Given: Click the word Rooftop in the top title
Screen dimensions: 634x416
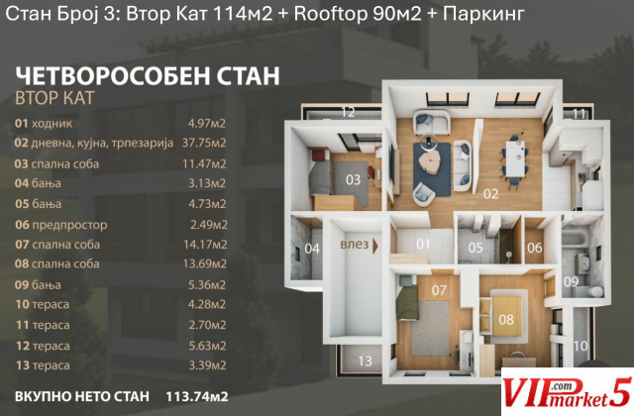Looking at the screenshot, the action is click(330, 15).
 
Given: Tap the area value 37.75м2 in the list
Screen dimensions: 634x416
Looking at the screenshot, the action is click(204, 143).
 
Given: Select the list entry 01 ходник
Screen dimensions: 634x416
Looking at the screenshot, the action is click(44, 123).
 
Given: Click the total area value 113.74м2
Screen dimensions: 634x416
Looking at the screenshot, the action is click(197, 396).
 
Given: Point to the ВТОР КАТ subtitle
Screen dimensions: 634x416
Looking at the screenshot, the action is click(55, 98).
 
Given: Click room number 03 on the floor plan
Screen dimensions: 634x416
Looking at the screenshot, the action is click(353, 179).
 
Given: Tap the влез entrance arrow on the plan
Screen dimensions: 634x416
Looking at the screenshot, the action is click(375, 246).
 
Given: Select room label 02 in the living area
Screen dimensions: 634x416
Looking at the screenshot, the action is click(491, 194).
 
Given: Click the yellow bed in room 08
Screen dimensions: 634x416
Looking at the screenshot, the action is click(505, 316).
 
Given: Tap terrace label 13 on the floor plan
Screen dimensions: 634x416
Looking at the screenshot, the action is click(365, 361).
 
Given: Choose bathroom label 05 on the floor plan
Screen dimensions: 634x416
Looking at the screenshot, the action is click(475, 248).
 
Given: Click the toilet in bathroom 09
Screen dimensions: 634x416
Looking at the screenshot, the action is click(594, 292).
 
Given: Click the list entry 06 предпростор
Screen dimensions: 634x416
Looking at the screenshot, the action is click(61, 225).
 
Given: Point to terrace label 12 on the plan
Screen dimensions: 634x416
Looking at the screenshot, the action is click(348, 112).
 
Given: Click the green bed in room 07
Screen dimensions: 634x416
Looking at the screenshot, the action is click(407, 301).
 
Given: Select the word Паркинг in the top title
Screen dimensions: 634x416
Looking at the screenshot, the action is click(483, 15).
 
